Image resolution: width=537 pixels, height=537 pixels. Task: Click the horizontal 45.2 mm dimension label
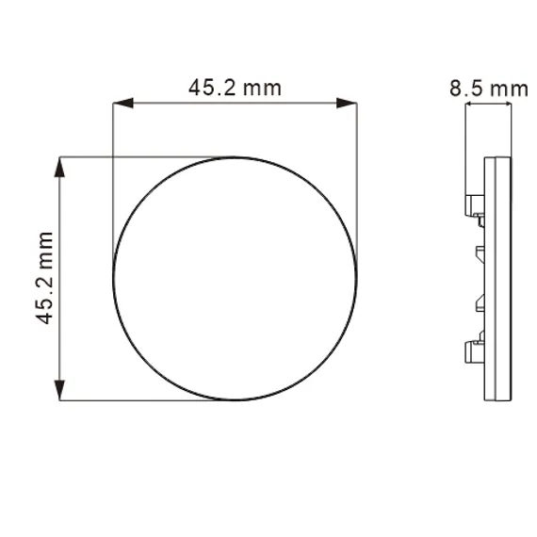(x=235, y=88)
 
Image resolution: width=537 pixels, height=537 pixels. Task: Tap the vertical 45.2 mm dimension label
(x=44, y=278)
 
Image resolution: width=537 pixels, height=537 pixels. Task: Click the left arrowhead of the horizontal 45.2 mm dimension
(x=123, y=103)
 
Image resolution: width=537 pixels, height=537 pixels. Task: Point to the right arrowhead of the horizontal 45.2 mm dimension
(x=347, y=103)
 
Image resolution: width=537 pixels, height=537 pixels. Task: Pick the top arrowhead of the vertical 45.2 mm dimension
(x=59, y=167)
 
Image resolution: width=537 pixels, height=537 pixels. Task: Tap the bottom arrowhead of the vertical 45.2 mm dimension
(x=59, y=390)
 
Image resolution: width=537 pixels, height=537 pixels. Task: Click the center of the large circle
(x=235, y=279)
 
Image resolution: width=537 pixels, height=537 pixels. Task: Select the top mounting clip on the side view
(x=475, y=209)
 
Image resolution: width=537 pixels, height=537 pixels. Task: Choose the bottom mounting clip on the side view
(x=475, y=349)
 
